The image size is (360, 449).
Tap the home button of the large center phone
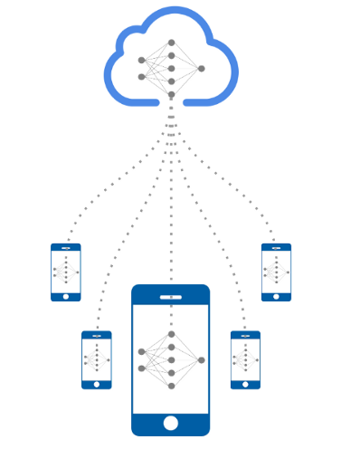(x=170, y=423)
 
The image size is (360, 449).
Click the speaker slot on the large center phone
(x=170, y=296)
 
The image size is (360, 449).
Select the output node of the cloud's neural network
(x=201, y=68)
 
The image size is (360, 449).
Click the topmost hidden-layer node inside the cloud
(x=171, y=43)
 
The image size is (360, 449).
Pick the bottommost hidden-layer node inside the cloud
(x=171, y=94)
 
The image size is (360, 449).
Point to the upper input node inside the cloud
(x=142, y=61)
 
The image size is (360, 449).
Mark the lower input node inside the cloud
(x=142, y=77)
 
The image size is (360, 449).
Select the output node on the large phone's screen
(x=201, y=359)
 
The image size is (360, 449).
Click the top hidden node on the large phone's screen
(x=171, y=334)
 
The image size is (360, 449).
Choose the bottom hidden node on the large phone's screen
(x=171, y=386)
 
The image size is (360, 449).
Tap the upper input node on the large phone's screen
(x=142, y=351)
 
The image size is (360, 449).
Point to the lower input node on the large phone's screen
(x=142, y=368)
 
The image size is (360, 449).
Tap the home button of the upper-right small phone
(x=276, y=294)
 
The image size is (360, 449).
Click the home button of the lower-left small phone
(x=96, y=382)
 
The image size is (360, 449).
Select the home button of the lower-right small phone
(x=245, y=382)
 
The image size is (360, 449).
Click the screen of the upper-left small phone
(x=66, y=272)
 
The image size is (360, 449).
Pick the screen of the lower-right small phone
(x=245, y=359)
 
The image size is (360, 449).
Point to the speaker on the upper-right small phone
(x=276, y=247)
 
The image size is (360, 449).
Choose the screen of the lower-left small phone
(x=96, y=359)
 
